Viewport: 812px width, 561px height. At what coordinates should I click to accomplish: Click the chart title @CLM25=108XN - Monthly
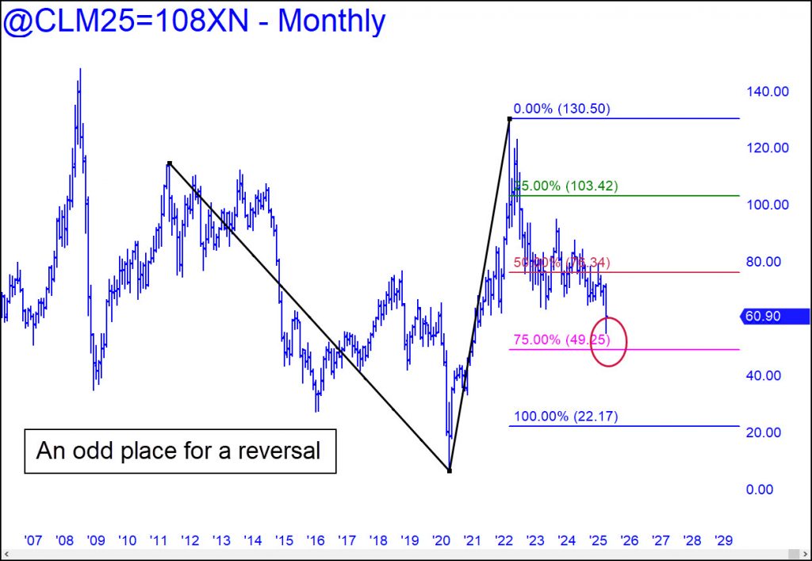tap(194, 21)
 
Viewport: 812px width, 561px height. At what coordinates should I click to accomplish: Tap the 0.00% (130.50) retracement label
tap(561, 110)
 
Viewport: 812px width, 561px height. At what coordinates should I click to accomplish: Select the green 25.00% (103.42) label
tap(565, 186)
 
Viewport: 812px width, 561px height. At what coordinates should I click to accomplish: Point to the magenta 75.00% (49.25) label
tap(561, 340)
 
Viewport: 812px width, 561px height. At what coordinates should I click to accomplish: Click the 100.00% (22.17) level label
tap(565, 417)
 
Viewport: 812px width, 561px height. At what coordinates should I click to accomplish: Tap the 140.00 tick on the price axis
tap(766, 91)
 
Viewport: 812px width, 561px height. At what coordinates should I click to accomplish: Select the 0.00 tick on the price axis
tap(759, 490)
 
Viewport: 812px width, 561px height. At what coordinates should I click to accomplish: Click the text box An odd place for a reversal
tap(179, 451)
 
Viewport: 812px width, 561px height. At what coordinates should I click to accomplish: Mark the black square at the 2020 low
tap(450, 471)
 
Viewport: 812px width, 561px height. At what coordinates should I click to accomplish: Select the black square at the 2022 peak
tap(509, 119)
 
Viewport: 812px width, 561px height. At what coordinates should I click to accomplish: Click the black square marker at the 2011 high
tap(169, 163)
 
